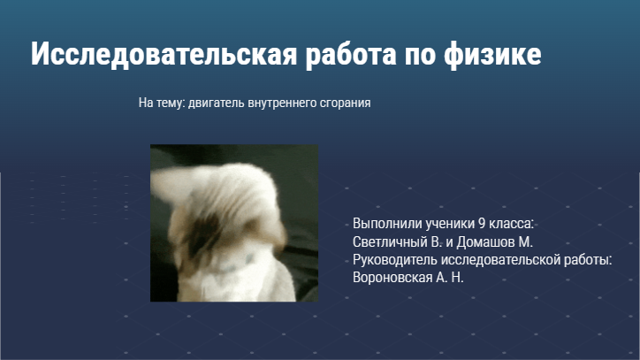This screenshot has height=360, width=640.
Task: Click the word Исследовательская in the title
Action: pyautogui.click(x=164, y=54)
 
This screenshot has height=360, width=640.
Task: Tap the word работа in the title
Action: pyautogui.click(x=351, y=55)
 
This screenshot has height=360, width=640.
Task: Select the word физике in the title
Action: pyautogui.click(x=492, y=55)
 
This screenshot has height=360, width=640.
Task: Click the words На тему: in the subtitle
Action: pyautogui.click(x=162, y=103)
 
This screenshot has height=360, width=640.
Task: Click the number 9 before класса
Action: pyautogui.click(x=482, y=224)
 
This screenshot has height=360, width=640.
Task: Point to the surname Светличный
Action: pyautogui.click(x=390, y=242)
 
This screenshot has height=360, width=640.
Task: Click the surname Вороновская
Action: pyautogui.click(x=392, y=278)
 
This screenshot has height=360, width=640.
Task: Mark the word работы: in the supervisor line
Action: pyautogui.click(x=588, y=260)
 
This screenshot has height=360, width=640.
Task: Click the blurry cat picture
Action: pyautogui.click(x=234, y=223)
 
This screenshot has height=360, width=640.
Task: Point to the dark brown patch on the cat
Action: pyautogui.click(x=204, y=234)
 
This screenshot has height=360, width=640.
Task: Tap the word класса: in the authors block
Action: pyautogui.click(x=512, y=224)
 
